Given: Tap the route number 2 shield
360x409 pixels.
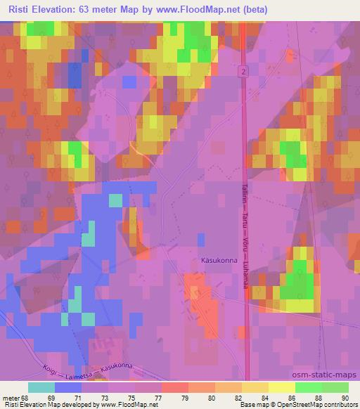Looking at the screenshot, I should (241, 72).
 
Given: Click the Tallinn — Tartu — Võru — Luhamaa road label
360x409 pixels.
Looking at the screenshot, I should (245, 229).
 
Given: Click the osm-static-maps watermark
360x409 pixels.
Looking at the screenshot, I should (330, 375).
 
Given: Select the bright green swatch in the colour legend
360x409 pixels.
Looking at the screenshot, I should (308, 387).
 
